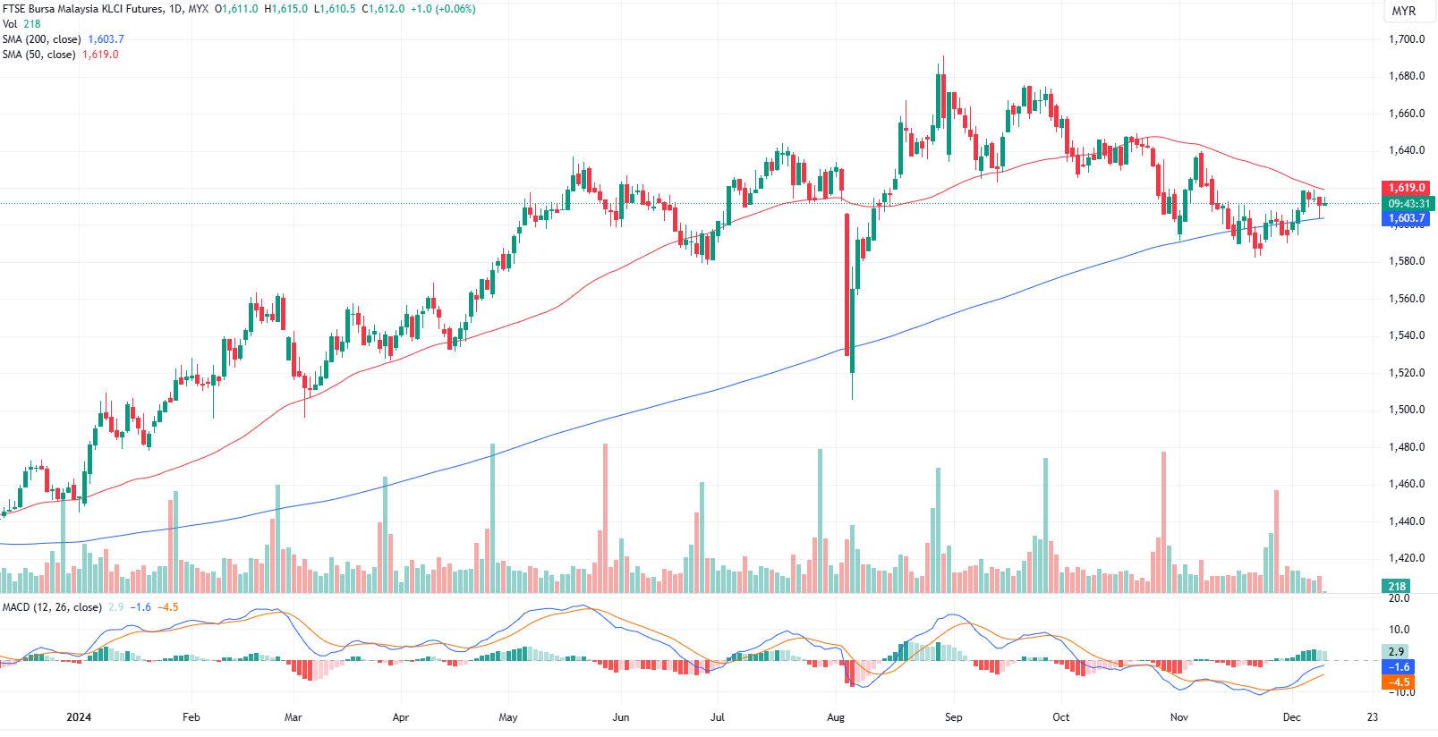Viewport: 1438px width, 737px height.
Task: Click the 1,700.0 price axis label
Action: coord(1406,39)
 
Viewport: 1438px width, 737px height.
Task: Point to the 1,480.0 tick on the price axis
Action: coord(1406,447)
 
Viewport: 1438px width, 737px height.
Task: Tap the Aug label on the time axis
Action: coord(836,717)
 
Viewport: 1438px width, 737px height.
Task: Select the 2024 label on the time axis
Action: coord(79,717)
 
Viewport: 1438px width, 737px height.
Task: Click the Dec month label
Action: coord(1291,717)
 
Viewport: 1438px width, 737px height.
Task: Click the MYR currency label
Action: coord(1404,11)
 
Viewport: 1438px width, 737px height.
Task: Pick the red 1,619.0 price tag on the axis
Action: coord(1407,188)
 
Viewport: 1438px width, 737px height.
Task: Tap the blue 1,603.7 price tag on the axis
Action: coord(1407,218)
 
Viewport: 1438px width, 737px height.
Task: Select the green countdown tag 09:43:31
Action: coord(1408,204)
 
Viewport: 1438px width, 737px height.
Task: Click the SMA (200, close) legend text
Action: coord(41,39)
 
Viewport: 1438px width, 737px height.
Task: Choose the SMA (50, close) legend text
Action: coord(38,55)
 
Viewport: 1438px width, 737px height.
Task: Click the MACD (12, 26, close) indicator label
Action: coord(52,607)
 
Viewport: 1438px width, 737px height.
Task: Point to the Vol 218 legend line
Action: coord(21,24)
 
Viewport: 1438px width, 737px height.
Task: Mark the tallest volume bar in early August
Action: coord(820,519)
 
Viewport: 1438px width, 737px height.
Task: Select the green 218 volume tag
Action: coord(1397,587)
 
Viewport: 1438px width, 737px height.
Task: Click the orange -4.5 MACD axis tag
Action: coord(1399,682)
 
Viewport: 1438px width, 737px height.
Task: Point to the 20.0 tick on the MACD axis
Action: coord(1399,598)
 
